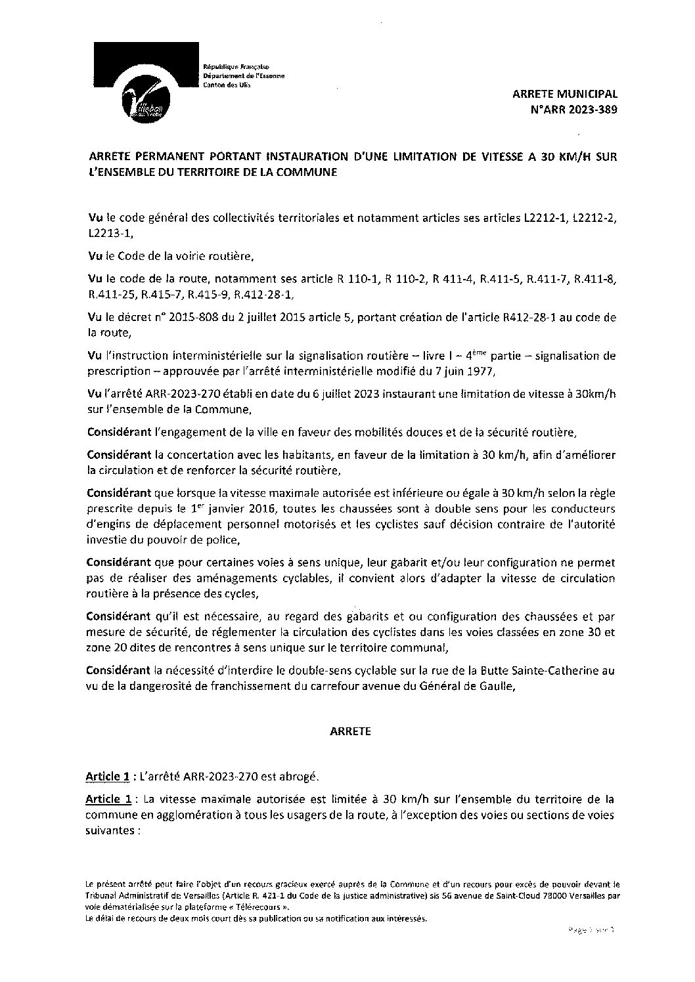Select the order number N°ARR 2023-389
pyautogui.click(x=573, y=110)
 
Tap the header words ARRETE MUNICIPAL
pyautogui.click(x=565, y=95)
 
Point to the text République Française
pyautogui.click(x=232, y=68)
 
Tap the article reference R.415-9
pyautogui.click(x=210, y=294)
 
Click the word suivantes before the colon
pyautogui.click(x=110, y=829)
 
